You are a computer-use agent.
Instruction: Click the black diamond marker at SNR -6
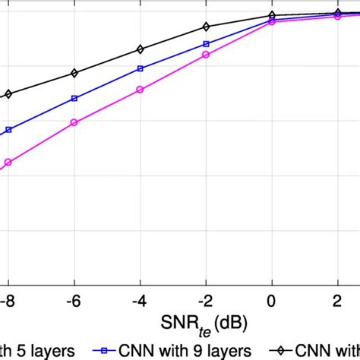tap(74, 73)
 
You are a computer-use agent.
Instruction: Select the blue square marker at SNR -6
tap(74, 98)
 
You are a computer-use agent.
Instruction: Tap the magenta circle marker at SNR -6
tap(74, 122)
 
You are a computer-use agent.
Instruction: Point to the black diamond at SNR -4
tap(140, 49)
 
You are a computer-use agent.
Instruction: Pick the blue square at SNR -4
tap(140, 68)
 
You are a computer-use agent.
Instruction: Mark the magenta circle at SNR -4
tap(140, 90)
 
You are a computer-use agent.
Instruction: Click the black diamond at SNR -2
tap(206, 27)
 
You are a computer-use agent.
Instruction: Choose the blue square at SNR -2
tap(206, 44)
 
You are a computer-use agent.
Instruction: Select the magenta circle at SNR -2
tap(206, 55)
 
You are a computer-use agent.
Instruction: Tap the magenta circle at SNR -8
tap(8, 162)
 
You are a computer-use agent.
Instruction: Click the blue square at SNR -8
tap(8, 130)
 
